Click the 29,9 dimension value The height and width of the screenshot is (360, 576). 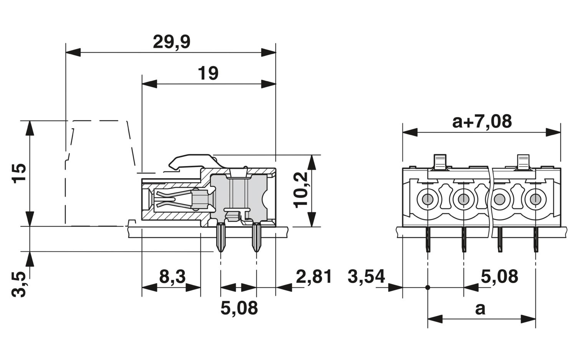(x=171, y=42)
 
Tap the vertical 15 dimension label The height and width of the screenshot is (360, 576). (x=19, y=173)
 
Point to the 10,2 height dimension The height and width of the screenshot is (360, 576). (x=302, y=189)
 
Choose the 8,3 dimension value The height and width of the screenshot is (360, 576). (x=172, y=276)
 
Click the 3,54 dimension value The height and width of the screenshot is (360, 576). (x=366, y=276)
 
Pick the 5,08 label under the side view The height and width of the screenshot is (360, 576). (x=239, y=308)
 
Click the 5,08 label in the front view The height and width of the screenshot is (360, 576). (x=499, y=276)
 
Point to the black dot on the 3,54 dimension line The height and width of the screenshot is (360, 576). (x=427, y=287)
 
